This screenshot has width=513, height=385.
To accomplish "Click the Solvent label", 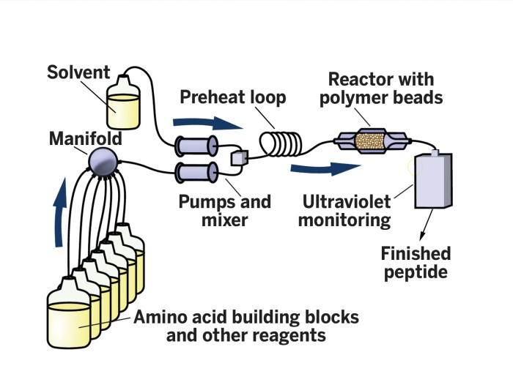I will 78,72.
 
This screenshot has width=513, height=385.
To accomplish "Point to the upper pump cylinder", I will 195,146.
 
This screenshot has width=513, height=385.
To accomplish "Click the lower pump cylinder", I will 195,174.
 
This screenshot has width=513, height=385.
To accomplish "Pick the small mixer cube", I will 240,157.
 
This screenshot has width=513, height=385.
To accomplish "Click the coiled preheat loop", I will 282,141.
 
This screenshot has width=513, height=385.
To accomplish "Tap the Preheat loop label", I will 234,97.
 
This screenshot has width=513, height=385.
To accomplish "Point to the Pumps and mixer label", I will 225,210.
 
